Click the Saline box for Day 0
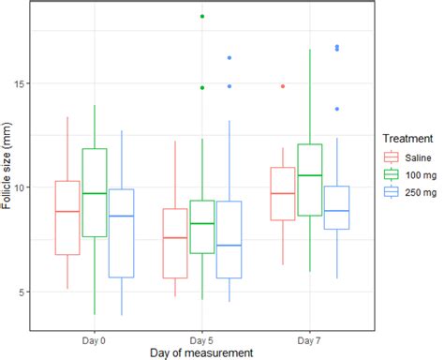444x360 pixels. (67, 217)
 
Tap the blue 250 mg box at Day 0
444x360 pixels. (122, 233)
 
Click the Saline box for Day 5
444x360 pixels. (175, 243)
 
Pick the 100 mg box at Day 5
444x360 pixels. (202, 227)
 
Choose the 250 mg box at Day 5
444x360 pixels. (229, 239)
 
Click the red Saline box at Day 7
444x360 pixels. (283, 194)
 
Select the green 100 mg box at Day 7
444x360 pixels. (310, 180)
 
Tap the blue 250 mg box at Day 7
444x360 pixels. (337, 207)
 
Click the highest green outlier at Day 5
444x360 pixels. (202, 17)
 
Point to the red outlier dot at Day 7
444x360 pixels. (283, 86)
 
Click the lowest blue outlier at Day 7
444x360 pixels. (337, 109)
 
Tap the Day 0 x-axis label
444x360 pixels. (95, 335)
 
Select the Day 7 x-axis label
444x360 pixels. (310, 335)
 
